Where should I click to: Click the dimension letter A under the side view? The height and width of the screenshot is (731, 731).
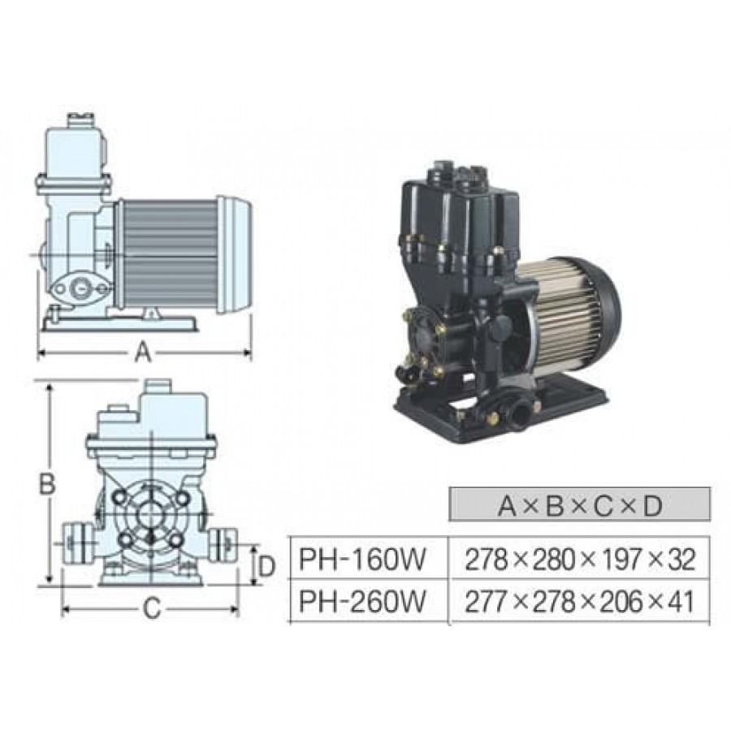point(143,353)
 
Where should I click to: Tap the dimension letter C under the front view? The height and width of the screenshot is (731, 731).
point(152,608)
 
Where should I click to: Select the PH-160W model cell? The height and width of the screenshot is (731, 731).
point(362,559)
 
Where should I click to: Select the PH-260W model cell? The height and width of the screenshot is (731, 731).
point(362,601)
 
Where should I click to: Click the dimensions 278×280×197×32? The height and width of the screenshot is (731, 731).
point(580,559)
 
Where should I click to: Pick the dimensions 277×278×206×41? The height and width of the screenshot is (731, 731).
point(580,601)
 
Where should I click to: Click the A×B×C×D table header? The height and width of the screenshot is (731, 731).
point(580,505)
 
